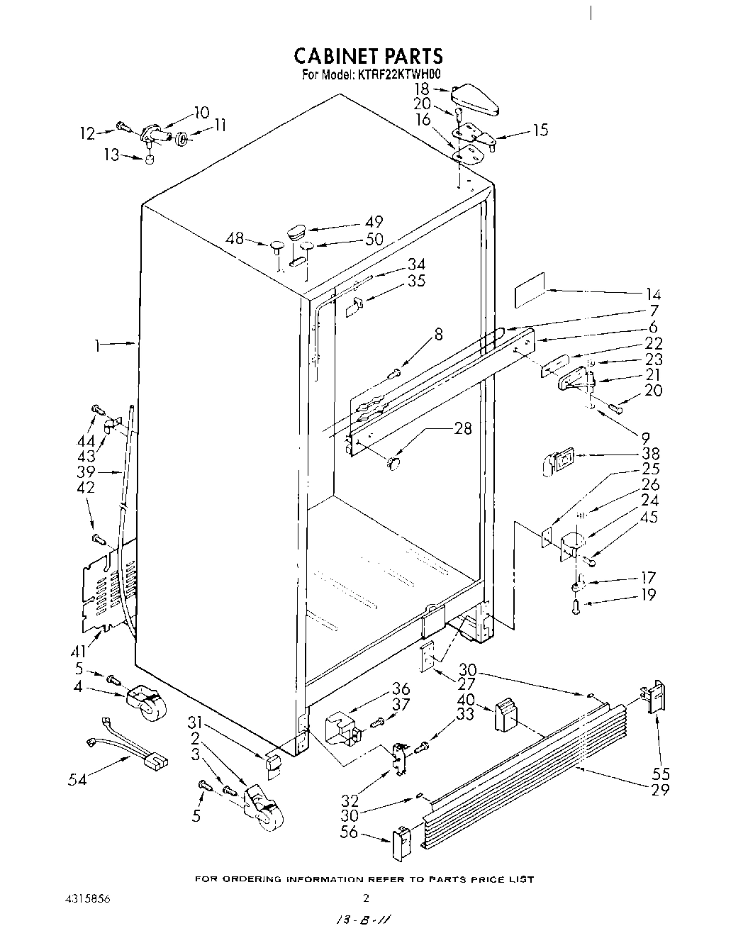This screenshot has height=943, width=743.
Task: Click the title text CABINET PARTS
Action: click(368, 55)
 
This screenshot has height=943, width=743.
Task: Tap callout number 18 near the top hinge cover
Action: click(422, 89)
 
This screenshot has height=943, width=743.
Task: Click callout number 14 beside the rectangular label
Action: click(652, 294)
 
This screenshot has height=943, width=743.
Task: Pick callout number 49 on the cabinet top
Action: click(374, 221)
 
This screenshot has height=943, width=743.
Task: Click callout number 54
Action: click(78, 779)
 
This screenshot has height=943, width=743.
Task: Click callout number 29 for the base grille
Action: click(659, 788)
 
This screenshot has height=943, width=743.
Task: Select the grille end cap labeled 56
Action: click(401, 843)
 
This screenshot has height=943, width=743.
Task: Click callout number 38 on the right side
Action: click(650, 454)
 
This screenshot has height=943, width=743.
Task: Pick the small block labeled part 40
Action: click(505, 714)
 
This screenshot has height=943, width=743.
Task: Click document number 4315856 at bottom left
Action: click(90, 898)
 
